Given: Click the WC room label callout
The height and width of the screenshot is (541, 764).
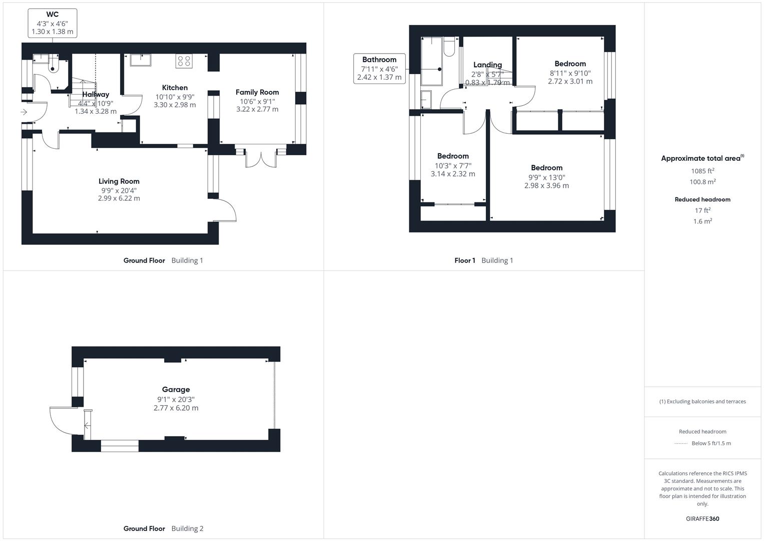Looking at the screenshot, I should point(53,23).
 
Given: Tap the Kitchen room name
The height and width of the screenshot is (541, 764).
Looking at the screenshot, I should point(175,88).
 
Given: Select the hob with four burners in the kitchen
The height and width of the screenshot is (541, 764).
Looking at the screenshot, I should point(184,61).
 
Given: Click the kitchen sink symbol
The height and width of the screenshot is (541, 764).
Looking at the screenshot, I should point(141,60).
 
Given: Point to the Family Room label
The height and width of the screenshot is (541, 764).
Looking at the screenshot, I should point(257,92).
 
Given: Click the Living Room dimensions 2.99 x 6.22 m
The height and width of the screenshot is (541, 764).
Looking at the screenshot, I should point(119,198).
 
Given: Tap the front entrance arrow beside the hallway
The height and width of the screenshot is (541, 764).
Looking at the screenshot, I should point(24,112).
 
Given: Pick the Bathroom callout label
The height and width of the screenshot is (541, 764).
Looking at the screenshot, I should point(379,69).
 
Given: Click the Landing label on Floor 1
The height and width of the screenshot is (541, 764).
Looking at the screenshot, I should point(487,65).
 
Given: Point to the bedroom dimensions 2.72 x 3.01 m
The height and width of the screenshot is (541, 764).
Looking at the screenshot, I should point(570,81).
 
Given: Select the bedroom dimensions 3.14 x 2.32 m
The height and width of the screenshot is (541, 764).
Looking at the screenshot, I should point(453,174).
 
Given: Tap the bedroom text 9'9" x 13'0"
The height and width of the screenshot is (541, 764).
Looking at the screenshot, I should point(546,177).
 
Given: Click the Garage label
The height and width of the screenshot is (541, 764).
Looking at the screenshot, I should point(176,389).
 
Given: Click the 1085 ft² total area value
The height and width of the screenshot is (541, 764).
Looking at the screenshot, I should point(702,171).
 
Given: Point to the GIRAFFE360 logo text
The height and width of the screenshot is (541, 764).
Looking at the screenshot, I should point(702,518).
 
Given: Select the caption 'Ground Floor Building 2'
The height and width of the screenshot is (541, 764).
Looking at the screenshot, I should point(163,528).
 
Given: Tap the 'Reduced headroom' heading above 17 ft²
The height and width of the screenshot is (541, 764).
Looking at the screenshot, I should point(702,199).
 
